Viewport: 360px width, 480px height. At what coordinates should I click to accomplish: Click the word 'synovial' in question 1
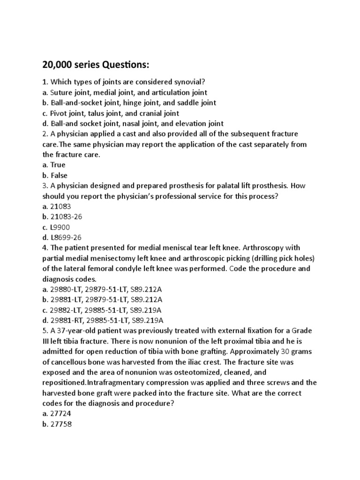point(186,82)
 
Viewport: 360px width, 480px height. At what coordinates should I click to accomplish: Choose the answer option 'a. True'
point(54,165)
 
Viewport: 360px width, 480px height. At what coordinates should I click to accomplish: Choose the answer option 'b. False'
point(55,175)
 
